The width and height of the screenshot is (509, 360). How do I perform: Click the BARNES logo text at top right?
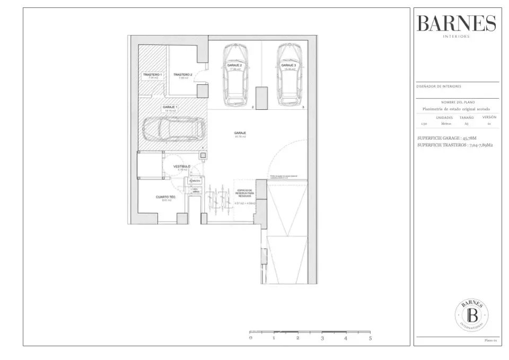456,23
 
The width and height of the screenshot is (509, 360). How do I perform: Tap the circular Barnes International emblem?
472,315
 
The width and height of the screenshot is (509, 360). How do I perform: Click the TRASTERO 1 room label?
152,75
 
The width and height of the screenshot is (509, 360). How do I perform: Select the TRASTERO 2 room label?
182,75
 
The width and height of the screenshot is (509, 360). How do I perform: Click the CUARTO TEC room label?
165,197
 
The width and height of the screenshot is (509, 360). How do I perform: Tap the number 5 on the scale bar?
370,338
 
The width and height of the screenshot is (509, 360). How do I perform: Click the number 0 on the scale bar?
250,338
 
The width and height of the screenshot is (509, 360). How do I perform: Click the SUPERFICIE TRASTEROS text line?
454,144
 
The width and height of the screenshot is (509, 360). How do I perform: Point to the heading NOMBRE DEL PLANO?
458,102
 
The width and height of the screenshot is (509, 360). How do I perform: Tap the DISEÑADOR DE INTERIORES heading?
438,86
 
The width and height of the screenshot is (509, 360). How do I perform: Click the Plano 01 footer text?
490,340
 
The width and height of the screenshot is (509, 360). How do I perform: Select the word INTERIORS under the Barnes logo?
456,37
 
